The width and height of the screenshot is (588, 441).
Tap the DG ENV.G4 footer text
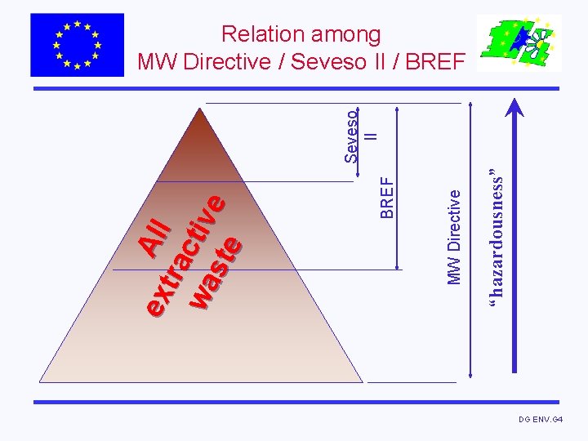(x=541, y=419)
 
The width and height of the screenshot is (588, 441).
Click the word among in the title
(x=344, y=34)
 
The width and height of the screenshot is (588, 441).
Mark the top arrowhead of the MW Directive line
(x=470, y=105)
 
